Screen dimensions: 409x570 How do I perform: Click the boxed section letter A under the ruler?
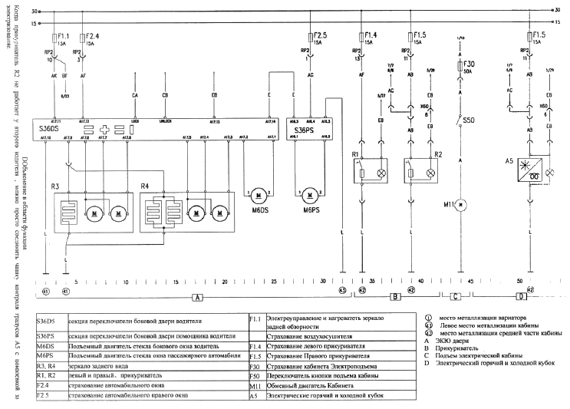[198, 296]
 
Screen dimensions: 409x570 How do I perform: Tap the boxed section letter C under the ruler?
[456, 296]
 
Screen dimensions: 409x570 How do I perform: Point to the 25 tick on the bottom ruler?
[274, 282]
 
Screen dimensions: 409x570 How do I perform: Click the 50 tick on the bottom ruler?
[520, 282]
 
